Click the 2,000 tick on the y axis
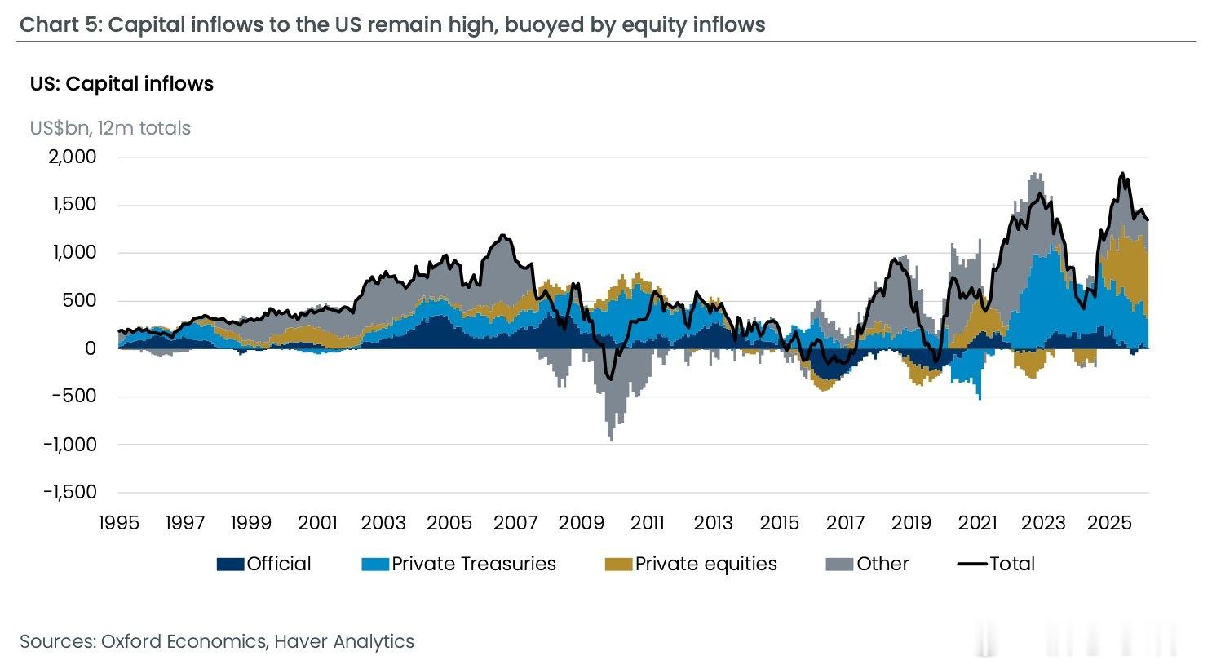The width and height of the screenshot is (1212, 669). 72,157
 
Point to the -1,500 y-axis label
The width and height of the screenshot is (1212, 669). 70,492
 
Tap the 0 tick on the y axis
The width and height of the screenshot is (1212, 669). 91,348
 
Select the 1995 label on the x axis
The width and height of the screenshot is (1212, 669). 119,523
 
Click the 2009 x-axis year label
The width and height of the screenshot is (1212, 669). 581,523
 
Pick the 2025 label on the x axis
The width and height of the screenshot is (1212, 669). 1110,523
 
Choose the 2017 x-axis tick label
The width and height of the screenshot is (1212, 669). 845,523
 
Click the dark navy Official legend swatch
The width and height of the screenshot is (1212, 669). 230,565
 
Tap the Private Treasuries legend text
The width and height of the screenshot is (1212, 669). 473,564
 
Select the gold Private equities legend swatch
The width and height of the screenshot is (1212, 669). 618,565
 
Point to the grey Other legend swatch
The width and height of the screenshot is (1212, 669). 839,565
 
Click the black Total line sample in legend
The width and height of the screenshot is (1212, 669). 972,564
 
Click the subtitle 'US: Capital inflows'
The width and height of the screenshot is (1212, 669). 122,84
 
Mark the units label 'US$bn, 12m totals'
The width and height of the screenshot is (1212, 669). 110,128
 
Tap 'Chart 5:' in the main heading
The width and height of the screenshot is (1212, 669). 60,25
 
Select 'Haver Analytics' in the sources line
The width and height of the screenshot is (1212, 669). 344,641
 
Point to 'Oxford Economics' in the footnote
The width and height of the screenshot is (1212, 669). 184,641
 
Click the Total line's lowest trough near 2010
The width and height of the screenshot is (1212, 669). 611,379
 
